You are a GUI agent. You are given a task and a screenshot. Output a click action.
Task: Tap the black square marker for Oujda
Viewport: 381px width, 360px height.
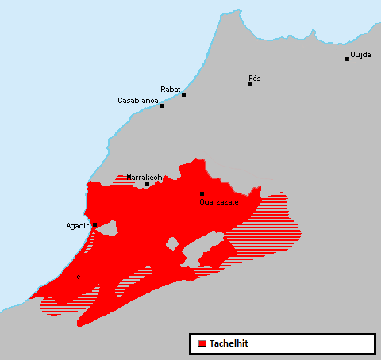pyautogui.click(x=347, y=59)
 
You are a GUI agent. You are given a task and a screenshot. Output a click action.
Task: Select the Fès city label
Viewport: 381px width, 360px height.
pyautogui.click(x=254, y=78)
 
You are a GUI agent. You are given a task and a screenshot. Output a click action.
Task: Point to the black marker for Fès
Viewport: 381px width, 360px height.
pyautogui.click(x=249, y=84)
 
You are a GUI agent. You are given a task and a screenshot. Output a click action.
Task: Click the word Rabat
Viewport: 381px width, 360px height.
pyautogui.click(x=171, y=89)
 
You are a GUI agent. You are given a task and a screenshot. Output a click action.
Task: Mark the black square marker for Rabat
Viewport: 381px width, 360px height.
pyautogui.click(x=183, y=95)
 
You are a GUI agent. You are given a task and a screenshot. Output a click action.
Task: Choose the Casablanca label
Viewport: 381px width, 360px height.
pyautogui.click(x=138, y=101)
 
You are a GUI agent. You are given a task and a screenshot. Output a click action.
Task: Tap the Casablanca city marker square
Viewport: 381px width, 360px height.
pyautogui.click(x=161, y=105)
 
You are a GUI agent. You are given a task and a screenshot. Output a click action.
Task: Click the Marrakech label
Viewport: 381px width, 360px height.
pyautogui.click(x=144, y=178)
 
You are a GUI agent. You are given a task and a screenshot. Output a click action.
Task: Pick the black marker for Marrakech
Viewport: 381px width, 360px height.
pyautogui.click(x=147, y=185)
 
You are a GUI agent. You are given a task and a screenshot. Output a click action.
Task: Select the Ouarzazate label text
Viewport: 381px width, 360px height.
pyautogui.click(x=219, y=202)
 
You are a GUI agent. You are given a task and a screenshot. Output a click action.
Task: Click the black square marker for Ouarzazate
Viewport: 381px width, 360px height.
pyautogui.click(x=202, y=193)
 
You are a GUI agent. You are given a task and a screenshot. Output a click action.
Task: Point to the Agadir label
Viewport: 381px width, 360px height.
pyautogui.click(x=78, y=226)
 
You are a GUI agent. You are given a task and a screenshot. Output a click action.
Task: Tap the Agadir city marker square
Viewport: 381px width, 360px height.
pyautogui.click(x=95, y=225)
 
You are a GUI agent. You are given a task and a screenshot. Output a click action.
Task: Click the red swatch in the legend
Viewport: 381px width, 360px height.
pyautogui.click(x=202, y=343)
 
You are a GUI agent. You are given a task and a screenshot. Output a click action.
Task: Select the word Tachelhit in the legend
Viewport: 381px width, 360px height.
pyautogui.click(x=229, y=343)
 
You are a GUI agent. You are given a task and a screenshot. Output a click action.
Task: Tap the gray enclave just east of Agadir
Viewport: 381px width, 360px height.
pyautogui.click(x=107, y=231)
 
